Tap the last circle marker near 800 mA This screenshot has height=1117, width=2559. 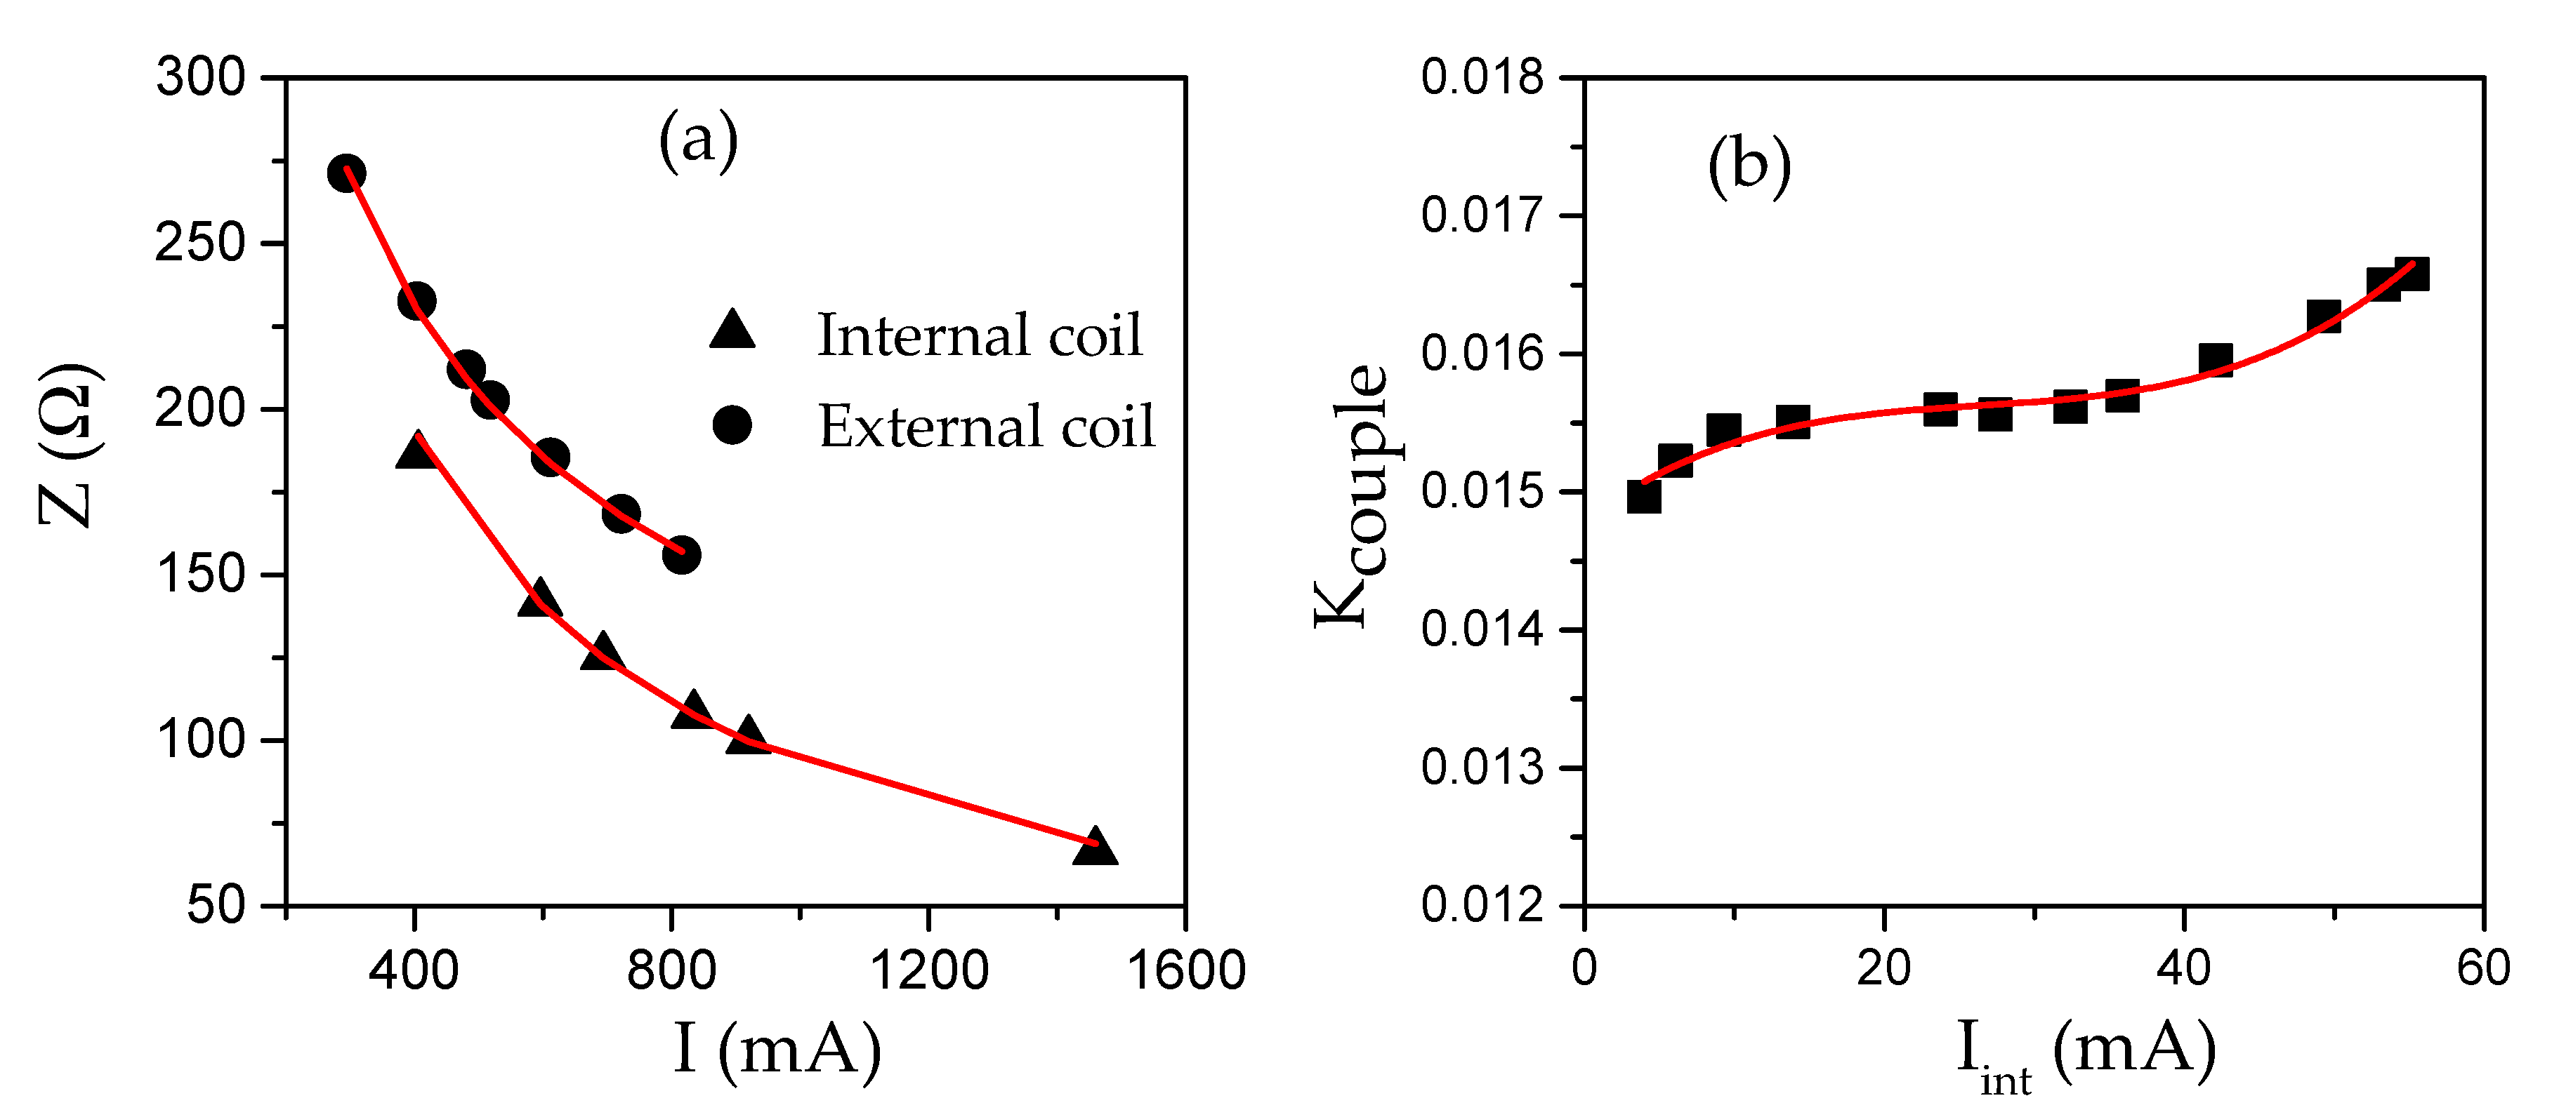coord(680,555)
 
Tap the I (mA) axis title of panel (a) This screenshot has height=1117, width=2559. coord(777,1050)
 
